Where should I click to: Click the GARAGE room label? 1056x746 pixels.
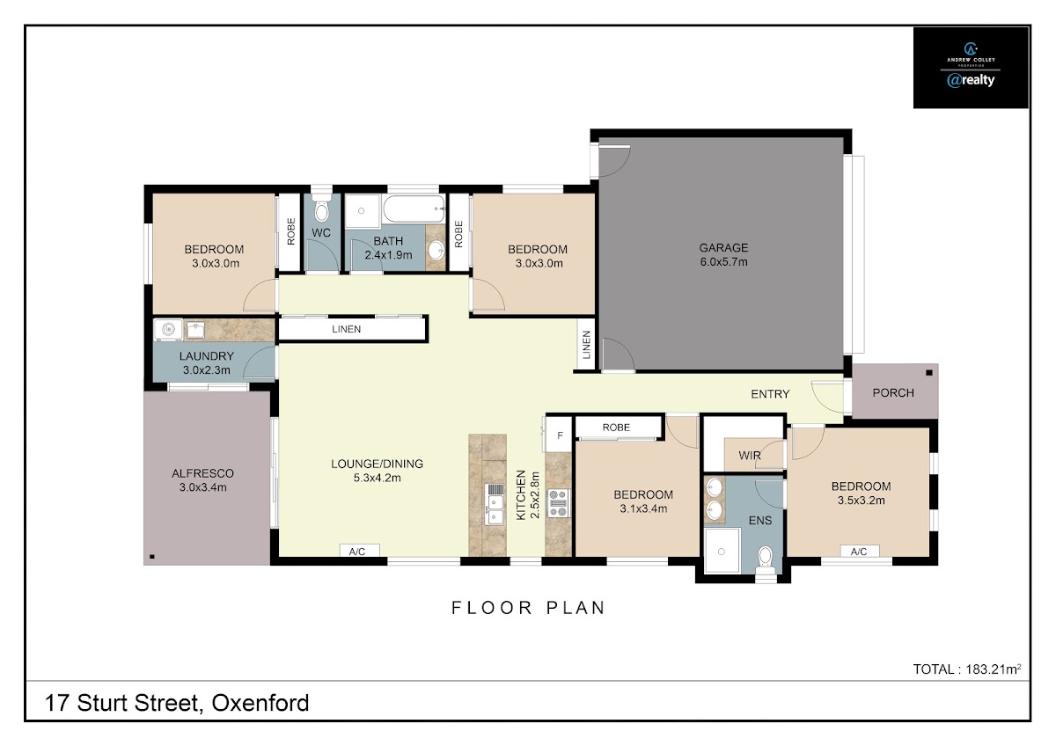(x=723, y=247)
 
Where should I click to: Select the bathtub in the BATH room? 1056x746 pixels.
(x=414, y=209)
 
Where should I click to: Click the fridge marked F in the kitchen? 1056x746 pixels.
(x=559, y=435)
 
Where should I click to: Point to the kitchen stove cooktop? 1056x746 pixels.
(x=558, y=503)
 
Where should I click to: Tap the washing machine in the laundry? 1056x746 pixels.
(x=168, y=329)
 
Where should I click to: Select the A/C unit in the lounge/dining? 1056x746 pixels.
(x=359, y=551)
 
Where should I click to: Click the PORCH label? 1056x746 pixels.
(x=893, y=392)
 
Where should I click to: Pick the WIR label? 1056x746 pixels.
(x=749, y=456)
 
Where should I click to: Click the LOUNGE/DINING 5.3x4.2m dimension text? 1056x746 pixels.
(x=378, y=478)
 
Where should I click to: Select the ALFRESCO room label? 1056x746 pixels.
(x=202, y=473)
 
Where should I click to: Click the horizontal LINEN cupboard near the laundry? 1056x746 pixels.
(x=352, y=329)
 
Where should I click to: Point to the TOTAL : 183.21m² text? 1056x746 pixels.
(x=967, y=669)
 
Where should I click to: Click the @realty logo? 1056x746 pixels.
(x=971, y=80)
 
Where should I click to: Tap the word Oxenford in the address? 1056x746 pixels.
(x=260, y=703)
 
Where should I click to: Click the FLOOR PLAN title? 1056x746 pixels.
(x=528, y=608)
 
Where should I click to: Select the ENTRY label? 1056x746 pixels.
(x=770, y=394)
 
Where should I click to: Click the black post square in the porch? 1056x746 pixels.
(x=929, y=373)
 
